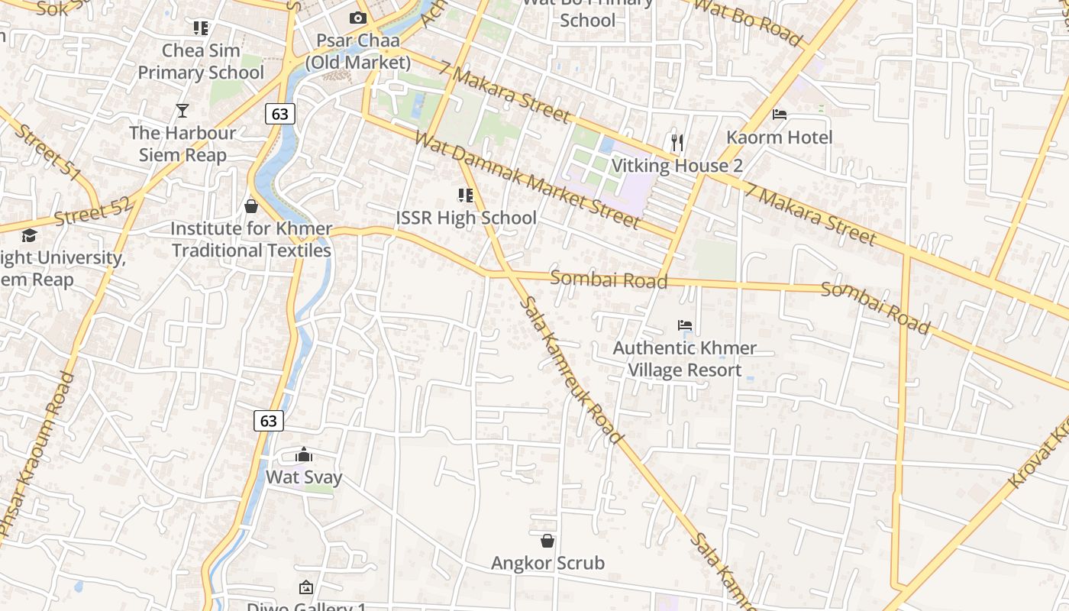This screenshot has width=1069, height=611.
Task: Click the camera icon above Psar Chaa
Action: [x=358, y=18]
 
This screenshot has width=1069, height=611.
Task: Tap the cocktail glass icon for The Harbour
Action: [x=182, y=111]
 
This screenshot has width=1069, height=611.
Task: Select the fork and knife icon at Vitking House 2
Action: [x=677, y=142]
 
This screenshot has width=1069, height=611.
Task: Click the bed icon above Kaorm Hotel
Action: [x=780, y=115]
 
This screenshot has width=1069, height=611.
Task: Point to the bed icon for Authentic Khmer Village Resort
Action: [x=685, y=325]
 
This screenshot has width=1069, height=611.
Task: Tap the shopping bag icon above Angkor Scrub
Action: [x=547, y=541]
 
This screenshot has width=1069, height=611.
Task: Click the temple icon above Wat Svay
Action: [x=304, y=455]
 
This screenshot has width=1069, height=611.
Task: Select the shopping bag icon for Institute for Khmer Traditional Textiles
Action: [x=250, y=206]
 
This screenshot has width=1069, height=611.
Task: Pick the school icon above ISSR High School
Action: [x=465, y=196]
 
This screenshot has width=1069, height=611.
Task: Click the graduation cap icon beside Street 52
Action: [x=29, y=235]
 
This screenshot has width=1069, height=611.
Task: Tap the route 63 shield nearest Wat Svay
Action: [x=268, y=421]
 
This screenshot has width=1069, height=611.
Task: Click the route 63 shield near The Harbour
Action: [x=280, y=115]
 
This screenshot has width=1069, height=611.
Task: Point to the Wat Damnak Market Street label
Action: [x=527, y=180]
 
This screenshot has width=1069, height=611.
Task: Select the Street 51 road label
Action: [x=47, y=153]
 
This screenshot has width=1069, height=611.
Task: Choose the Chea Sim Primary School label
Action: [x=201, y=62]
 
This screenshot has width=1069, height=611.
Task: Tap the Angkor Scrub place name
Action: [x=547, y=564]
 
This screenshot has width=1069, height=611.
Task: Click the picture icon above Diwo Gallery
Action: [x=305, y=587]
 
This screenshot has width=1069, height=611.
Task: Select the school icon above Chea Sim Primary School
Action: [x=201, y=28]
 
